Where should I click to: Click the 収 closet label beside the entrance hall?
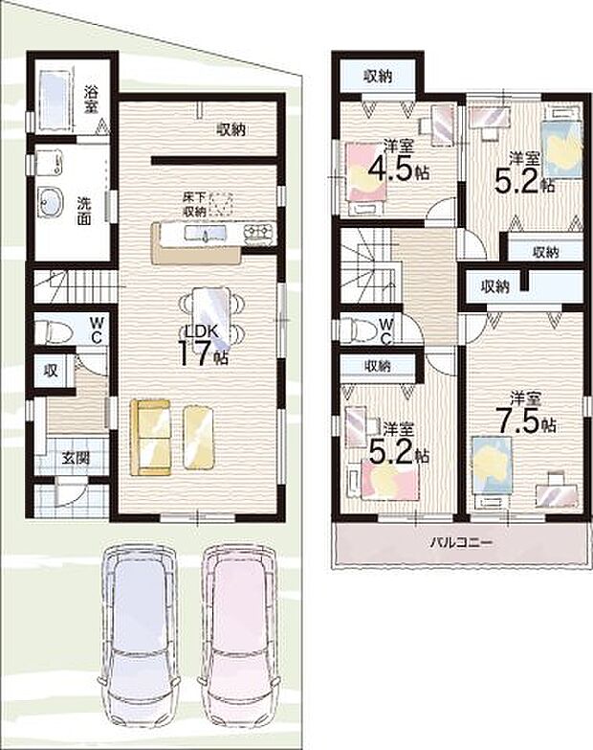[45, 369]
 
